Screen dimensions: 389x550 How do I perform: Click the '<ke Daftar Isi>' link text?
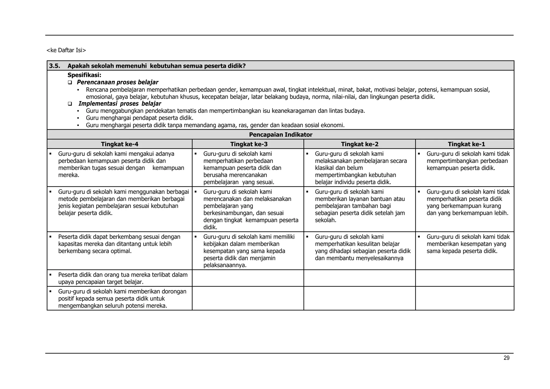(x=66, y=50)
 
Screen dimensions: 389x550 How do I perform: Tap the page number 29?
(x=506, y=358)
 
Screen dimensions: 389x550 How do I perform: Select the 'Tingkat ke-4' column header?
(x=120, y=144)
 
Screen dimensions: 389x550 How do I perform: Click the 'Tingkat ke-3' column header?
(x=249, y=144)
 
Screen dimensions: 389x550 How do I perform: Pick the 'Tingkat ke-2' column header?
(x=360, y=144)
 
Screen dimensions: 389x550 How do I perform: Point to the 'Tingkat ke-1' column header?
(x=466, y=144)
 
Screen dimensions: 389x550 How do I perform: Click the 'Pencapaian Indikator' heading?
(x=281, y=135)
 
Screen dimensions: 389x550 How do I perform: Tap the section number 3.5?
(x=55, y=66)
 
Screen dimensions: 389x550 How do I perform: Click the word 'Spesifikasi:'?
(x=84, y=75)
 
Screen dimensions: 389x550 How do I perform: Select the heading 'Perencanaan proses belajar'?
(x=117, y=82)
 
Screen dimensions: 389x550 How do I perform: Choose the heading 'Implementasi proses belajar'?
(x=120, y=104)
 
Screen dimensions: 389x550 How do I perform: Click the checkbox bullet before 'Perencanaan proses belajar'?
(x=70, y=82)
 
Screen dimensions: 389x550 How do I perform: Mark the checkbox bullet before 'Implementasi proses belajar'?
(x=70, y=104)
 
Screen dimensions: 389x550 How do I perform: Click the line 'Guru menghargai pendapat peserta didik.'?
(x=139, y=118)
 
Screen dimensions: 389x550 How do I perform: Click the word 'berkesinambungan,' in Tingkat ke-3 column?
(x=227, y=213)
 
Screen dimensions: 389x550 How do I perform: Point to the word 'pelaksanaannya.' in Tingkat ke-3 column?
(x=225, y=265)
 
